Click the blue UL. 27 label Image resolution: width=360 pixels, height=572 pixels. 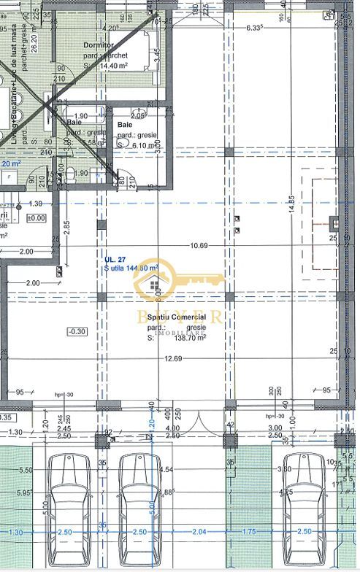(x=115, y=259)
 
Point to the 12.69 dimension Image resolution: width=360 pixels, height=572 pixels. (x=173, y=357)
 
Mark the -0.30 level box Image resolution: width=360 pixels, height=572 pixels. (x=77, y=331)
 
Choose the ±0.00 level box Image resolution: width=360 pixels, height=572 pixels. (x=36, y=217)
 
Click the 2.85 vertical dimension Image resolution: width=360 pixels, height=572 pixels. (x=66, y=225)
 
